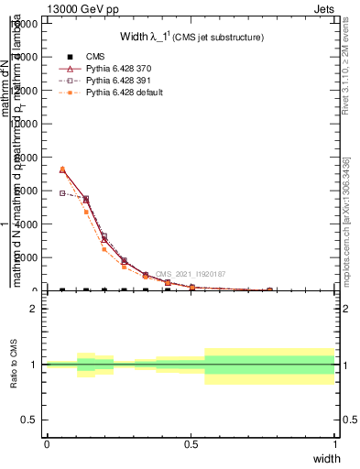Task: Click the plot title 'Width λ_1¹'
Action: [x=146, y=38]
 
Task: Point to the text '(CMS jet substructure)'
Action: [x=221, y=38]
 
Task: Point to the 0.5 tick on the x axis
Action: [x=191, y=443]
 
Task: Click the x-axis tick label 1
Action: [x=335, y=443]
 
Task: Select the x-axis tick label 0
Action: [x=47, y=443]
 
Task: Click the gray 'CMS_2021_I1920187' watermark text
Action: [x=191, y=274]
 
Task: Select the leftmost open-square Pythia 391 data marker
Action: [x=62, y=192]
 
